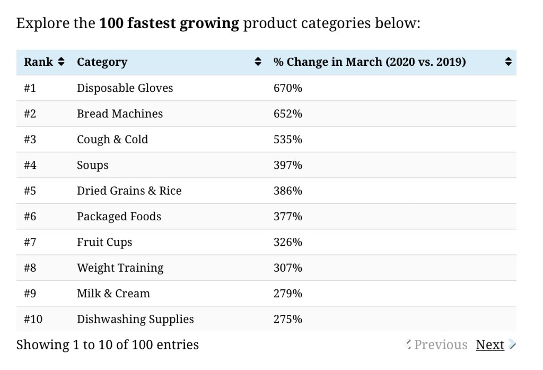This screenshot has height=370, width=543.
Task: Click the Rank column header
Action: click(x=38, y=62)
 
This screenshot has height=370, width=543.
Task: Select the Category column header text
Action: click(x=102, y=62)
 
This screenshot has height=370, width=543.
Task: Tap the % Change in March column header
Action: click(x=370, y=62)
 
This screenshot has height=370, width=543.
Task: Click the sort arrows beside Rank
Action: click(x=61, y=62)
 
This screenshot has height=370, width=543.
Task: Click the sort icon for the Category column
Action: click(x=258, y=62)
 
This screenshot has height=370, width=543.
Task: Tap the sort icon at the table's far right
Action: click(x=508, y=62)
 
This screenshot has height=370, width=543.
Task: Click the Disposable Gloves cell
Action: click(x=125, y=88)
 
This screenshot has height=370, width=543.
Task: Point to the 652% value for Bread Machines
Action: click(x=288, y=114)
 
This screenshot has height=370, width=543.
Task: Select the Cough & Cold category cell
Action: click(x=112, y=140)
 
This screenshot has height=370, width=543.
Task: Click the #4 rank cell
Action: click(x=30, y=165)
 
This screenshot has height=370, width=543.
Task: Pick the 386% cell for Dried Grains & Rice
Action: click(x=288, y=191)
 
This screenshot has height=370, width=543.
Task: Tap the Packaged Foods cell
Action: click(x=119, y=217)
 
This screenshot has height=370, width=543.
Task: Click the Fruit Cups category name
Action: click(x=104, y=243)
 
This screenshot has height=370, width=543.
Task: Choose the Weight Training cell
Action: click(x=120, y=268)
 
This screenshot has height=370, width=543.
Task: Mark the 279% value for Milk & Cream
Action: click(x=288, y=294)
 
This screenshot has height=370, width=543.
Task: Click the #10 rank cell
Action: click(x=33, y=320)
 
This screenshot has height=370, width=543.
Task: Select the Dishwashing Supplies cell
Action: click(x=135, y=320)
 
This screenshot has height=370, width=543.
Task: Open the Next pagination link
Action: click(x=490, y=345)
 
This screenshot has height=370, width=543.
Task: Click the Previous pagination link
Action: click(x=440, y=345)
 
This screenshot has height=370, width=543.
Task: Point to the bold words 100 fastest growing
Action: click(x=169, y=24)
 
